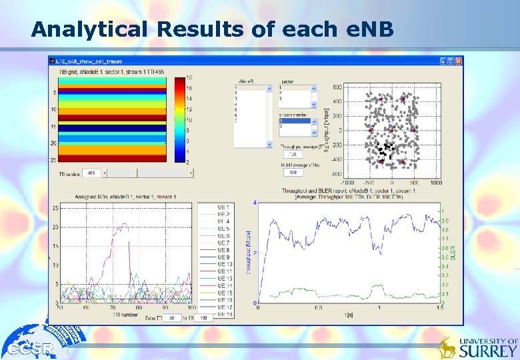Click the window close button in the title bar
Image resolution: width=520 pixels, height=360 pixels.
(458, 61)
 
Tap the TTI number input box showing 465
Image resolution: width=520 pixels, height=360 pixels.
(91, 173)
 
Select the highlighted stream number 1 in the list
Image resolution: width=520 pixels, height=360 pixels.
(294, 121)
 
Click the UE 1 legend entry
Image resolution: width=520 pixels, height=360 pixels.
(224, 207)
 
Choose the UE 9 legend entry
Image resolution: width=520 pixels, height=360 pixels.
(224, 257)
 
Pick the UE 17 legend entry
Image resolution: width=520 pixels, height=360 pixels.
(224, 307)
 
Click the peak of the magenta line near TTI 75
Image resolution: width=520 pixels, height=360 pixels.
(122, 225)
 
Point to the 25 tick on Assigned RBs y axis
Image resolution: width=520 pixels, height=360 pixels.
(55, 209)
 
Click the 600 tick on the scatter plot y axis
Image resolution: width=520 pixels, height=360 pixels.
(337, 87)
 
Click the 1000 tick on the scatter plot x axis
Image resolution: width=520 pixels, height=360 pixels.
(435, 182)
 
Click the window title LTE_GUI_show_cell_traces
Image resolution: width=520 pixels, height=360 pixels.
(90, 61)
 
